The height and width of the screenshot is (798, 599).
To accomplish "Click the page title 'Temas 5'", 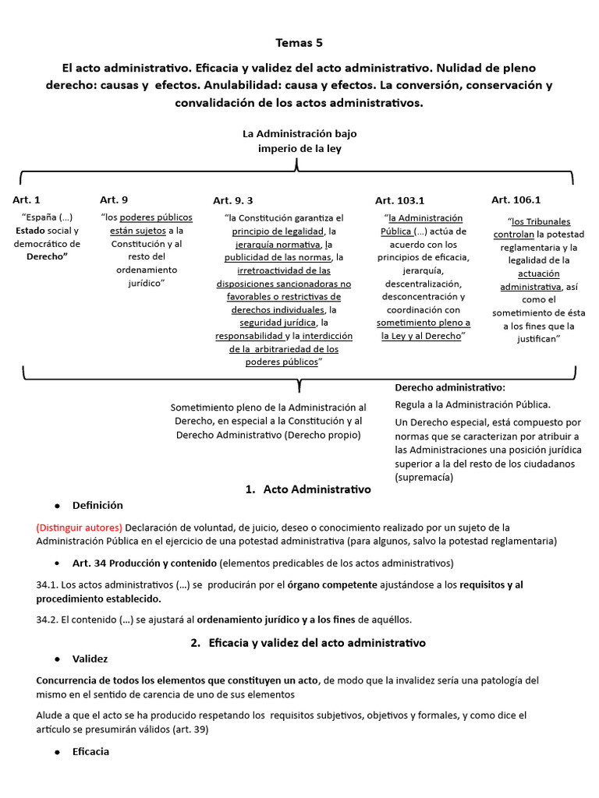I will (x=299, y=43).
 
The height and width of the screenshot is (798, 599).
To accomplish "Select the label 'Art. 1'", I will (x=27, y=200).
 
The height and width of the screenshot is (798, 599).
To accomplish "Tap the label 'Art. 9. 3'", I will (x=233, y=200).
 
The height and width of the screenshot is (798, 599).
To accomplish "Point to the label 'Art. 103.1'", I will (x=399, y=200).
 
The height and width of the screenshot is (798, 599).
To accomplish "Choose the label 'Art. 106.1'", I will (x=516, y=199).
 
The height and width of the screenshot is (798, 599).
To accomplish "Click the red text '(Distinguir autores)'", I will (x=79, y=528).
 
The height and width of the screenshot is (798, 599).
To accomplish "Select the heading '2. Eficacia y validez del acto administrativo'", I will (x=308, y=643).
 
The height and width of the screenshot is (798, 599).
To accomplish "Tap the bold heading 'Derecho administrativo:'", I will (x=450, y=387).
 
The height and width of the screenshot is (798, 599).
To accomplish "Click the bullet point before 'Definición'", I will (x=57, y=506).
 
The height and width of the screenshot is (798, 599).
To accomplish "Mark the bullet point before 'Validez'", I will (x=57, y=659).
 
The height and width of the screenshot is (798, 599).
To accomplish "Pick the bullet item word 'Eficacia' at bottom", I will (x=90, y=752).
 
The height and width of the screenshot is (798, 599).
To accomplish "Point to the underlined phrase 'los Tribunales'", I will (x=541, y=221).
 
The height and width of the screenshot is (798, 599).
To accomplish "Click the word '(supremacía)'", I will (x=424, y=477).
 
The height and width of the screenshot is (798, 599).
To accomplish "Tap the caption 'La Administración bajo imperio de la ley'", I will (x=299, y=141).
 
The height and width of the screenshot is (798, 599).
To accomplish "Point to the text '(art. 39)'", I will (x=189, y=730).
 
